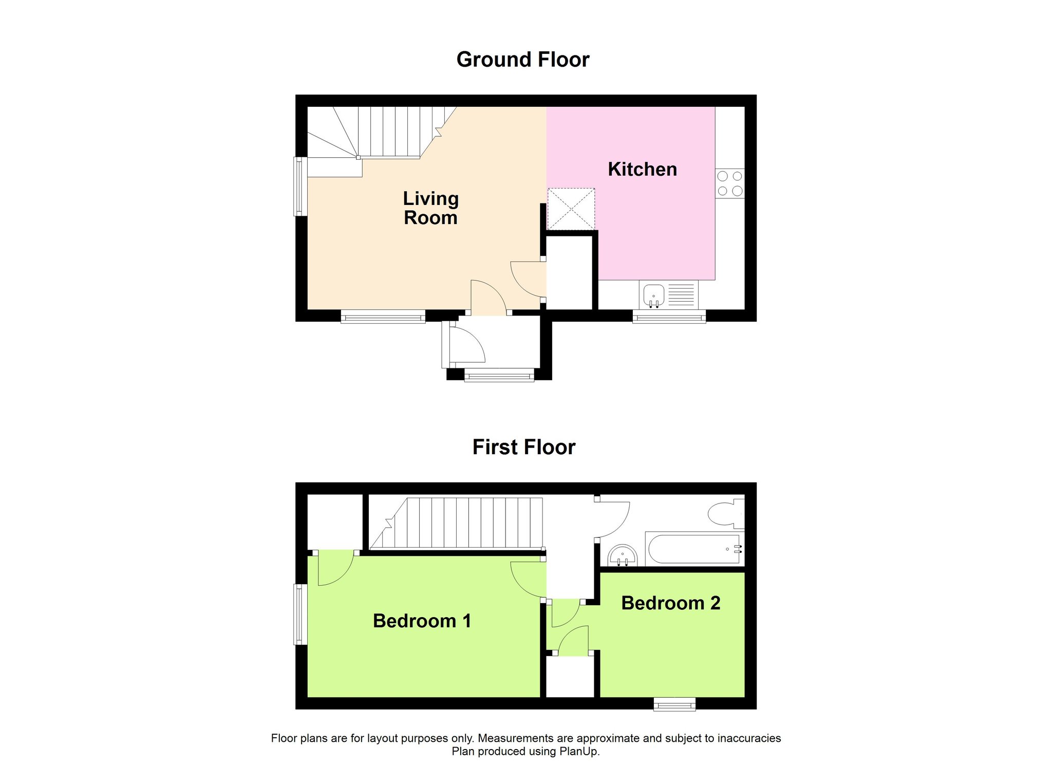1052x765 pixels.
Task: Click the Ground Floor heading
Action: point(522,60)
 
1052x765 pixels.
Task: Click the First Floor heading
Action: point(523,447)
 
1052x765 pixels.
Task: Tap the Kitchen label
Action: point(642,169)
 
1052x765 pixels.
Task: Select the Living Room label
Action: point(430,208)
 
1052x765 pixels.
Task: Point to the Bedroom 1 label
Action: point(422,621)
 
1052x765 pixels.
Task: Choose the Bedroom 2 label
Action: point(670,603)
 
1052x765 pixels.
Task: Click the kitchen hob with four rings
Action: point(730,183)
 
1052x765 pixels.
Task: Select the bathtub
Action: point(694,549)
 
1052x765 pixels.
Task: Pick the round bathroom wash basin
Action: point(623,556)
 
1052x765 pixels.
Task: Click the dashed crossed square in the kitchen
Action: point(571,209)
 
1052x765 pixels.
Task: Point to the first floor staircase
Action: point(456,523)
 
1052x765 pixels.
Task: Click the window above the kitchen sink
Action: point(669,317)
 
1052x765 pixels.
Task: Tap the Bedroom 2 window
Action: point(674,704)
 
